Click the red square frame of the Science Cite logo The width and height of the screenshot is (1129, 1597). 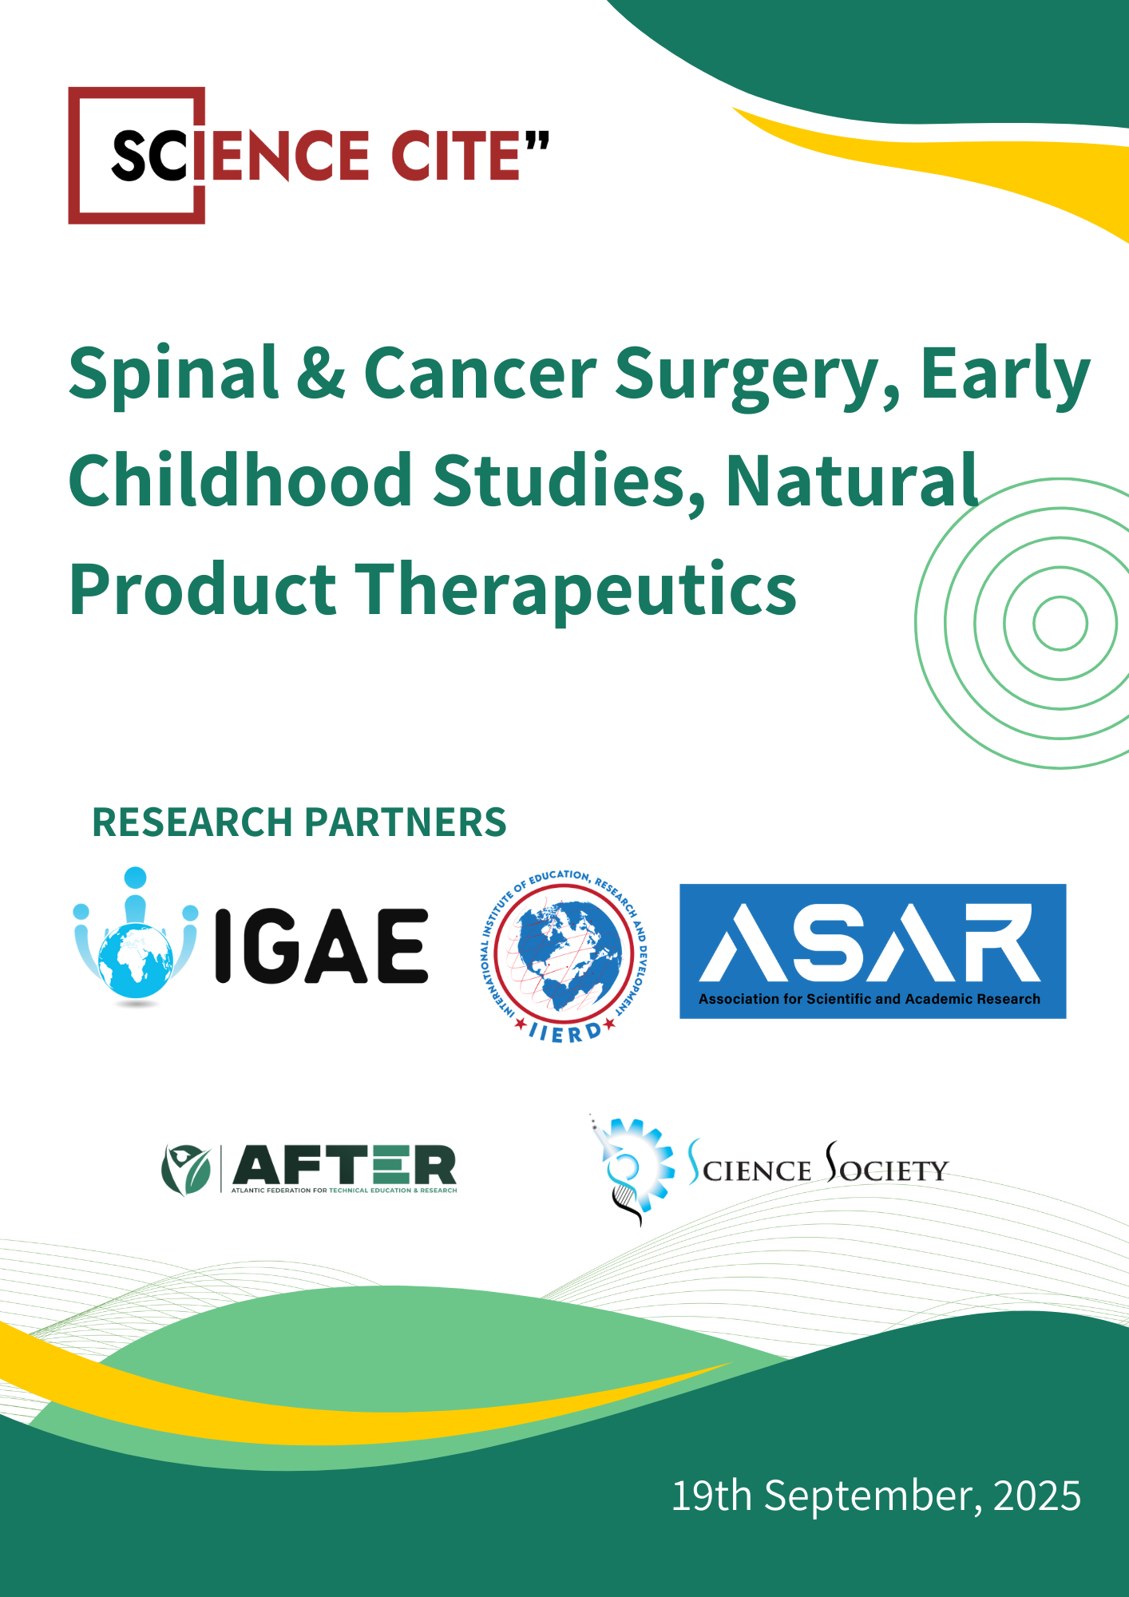[x=80, y=156]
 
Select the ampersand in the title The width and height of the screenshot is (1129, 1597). [x=321, y=374]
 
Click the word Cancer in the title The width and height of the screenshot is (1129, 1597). [x=480, y=374]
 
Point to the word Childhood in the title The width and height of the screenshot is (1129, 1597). [x=240, y=481]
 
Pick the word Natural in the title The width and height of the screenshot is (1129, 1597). [x=851, y=481]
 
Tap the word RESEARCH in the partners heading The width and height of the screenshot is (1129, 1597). [x=192, y=822]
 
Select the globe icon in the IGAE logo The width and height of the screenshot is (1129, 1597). [x=136, y=958]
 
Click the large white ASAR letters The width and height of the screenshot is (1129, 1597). [x=870, y=942]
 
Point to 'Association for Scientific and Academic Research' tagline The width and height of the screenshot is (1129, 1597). [x=870, y=999]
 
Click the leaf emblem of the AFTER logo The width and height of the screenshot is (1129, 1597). [x=185, y=1169]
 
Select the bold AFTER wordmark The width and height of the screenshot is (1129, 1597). [x=344, y=1165]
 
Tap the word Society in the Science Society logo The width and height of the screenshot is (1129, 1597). [x=886, y=1167]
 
